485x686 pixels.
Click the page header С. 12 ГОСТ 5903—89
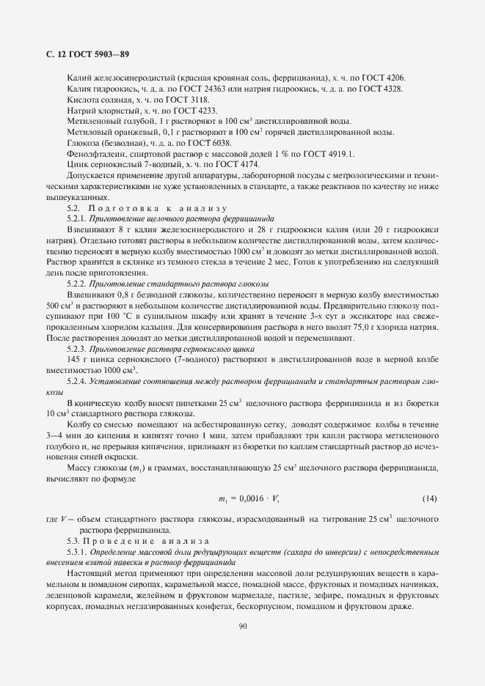(x=84, y=55)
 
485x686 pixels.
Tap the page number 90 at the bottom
(x=242, y=626)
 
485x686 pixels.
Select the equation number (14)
(x=430, y=499)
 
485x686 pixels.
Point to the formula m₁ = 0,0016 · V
(x=249, y=499)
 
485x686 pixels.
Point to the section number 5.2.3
(x=76, y=349)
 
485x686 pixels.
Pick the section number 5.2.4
(x=76, y=381)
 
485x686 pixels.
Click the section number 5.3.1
(x=76, y=549)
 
